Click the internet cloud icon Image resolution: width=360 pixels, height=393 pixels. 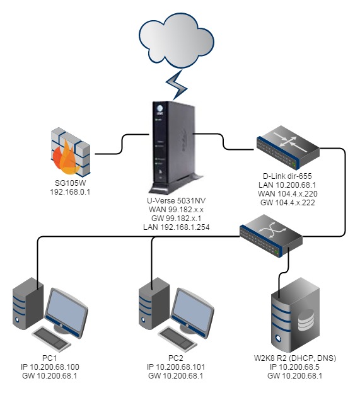point(177,40)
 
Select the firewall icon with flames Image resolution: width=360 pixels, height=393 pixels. point(70,152)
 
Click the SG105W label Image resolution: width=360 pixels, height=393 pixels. point(70,183)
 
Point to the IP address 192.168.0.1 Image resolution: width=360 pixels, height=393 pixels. point(70,192)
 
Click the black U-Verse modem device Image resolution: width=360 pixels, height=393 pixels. point(173,147)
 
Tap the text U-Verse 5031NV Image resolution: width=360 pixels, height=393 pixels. point(176,200)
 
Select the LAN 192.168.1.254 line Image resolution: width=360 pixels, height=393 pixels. point(177,227)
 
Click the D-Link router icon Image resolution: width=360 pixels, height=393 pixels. point(288,147)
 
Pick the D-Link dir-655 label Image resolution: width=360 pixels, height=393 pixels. point(287,176)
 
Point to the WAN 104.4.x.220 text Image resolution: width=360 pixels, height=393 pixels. point(287,194)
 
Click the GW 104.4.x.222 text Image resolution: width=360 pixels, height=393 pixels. point(287,203)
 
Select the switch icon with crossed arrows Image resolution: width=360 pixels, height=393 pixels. point(271,236)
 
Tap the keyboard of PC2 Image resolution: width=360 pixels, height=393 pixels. point(178,338)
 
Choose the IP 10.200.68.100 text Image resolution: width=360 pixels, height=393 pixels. point(50,367)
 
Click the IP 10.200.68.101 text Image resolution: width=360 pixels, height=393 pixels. point(176,367)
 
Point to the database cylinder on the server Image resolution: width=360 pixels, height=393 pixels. point(306,321)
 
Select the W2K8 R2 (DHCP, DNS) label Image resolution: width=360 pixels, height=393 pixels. point(295,358)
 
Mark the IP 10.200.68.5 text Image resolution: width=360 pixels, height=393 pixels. point(295,367)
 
